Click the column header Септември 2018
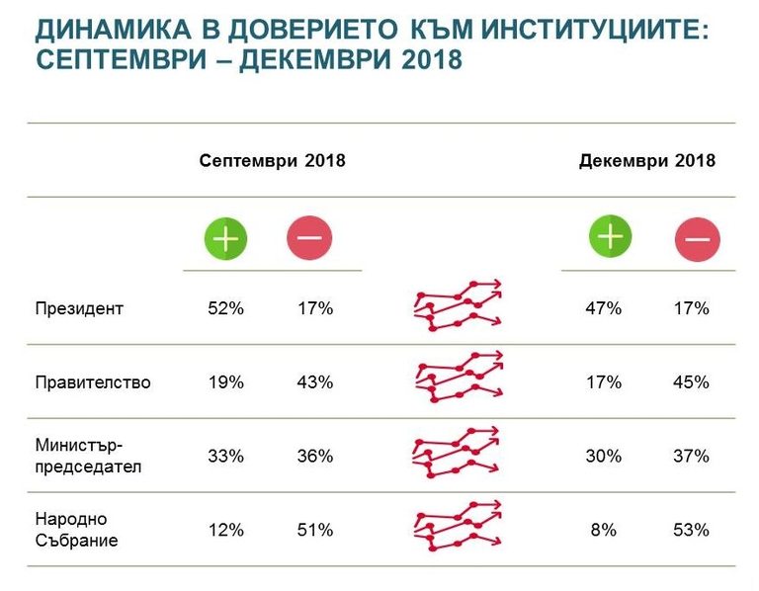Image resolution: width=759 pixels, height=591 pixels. coord(272,160)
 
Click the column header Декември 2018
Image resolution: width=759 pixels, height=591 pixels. coord(647,160)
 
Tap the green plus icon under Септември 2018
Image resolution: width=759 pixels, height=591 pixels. coord(225,238)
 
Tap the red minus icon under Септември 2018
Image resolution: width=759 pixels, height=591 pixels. coord(309,238)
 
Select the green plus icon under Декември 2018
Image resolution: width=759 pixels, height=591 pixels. coord(611,236)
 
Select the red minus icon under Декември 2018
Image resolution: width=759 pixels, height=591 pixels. coord(697,239)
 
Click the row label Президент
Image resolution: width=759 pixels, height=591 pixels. coord(79,308)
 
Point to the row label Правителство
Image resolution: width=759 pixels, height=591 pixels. coord(93,381)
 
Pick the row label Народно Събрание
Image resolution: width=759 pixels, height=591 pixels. coord(76,530)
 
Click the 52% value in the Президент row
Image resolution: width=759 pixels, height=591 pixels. coord(225,308)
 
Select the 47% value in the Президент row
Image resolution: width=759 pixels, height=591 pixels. coord(603,308)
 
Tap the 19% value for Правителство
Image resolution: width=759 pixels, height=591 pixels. coord(225,381)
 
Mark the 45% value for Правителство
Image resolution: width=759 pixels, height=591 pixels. coord(691,381)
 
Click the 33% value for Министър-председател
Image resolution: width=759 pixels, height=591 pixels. coord(225,456)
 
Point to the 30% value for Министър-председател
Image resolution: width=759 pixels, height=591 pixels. coord(603,456)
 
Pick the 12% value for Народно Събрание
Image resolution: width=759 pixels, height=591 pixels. coord(225,530)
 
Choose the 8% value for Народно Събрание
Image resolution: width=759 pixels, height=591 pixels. coord(603,530)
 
